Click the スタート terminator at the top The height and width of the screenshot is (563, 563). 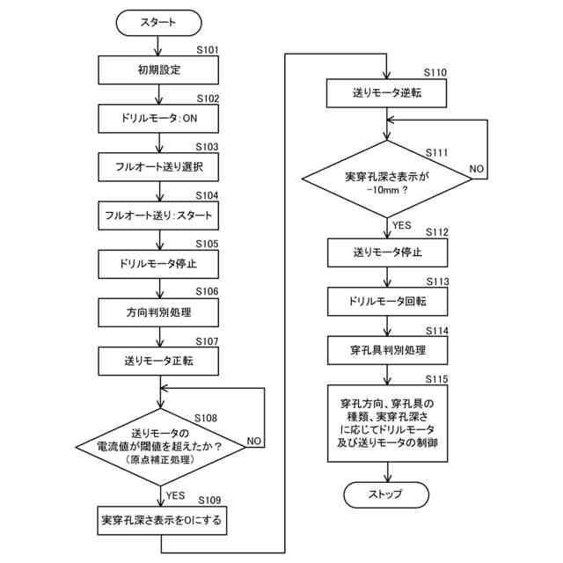point(158,23)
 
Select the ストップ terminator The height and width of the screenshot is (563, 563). point(386,494)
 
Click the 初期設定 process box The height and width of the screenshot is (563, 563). point(158,70)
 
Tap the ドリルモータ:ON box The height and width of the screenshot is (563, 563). point(158,119)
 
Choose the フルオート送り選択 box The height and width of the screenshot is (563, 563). point(158,167)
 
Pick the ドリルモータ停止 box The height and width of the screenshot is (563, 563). point(158,264)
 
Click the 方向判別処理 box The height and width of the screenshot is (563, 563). point(158,312)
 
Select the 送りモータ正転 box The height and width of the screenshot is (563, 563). point(158,361)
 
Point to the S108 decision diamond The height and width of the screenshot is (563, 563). point(160,447)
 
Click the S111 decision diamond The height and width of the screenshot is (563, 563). point(387,179)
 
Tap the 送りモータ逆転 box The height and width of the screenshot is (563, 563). point(386,93)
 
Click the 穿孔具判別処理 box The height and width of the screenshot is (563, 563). point(387,350)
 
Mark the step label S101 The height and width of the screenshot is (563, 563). point(208,50)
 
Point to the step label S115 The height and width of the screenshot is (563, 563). point(436,379)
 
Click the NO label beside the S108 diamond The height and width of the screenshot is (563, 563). point(254,441)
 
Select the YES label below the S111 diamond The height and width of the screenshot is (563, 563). point(401,225)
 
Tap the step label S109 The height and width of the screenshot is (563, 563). point(209,501)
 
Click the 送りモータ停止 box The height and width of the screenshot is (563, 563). point(387,252)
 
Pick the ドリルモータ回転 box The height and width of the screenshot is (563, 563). point(387,302)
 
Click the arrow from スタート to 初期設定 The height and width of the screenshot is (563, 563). point(158,46)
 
